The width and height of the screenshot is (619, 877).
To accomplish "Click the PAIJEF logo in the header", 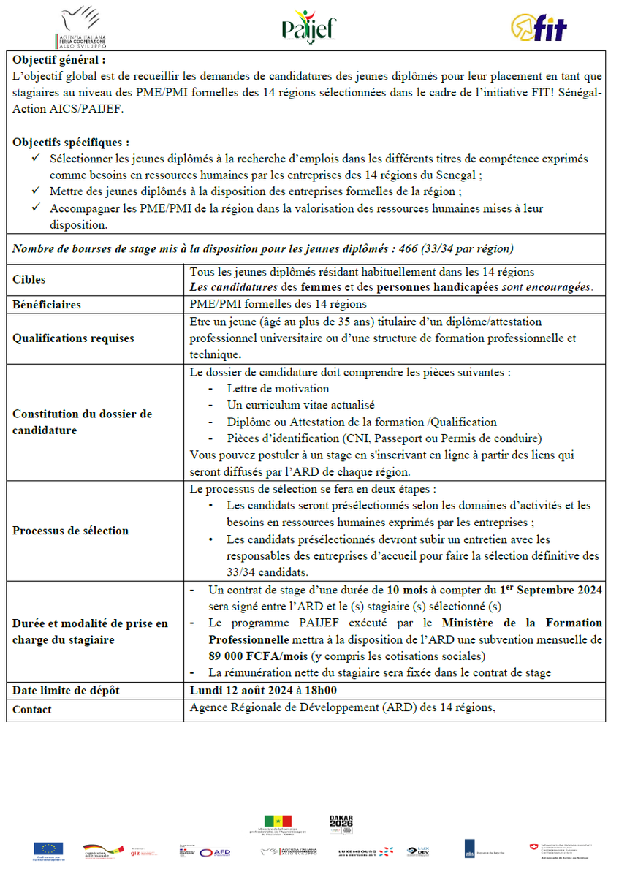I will coord(309,27).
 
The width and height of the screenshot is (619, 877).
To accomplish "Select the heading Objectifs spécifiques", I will coord(72,142).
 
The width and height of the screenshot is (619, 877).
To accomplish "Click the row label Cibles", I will coord(29,279).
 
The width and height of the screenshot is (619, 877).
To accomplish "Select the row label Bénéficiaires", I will coord(47,304).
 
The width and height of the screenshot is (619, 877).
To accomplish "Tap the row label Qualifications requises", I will coord(73,338).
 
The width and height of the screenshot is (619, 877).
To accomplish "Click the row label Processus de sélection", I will coord(70,531).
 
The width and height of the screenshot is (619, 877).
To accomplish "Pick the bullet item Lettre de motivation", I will coord(278,389).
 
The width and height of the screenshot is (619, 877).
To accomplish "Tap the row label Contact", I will coord(32,710).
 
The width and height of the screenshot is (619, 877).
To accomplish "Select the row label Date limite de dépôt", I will coord(65,690).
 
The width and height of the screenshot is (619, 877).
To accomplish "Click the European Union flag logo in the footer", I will coord(48,848).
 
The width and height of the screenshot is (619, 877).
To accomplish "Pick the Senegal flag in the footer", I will coord(278,821).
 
